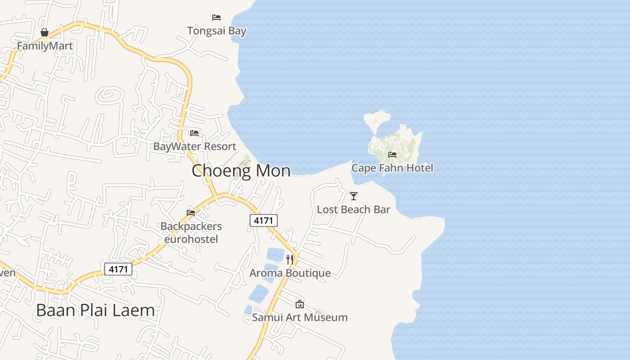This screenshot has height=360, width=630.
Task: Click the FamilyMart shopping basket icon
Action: (x=45, y=32)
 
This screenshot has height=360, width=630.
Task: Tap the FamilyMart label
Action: (x=45, y=46)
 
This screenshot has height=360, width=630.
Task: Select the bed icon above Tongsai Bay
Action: (x=216, y=18)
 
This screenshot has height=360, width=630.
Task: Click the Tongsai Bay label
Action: (x=216, y=31)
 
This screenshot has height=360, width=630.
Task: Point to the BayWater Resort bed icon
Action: (x=194, y=133)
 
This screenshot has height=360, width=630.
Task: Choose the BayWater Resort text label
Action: (x=194, y=146)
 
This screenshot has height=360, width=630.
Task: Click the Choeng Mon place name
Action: (x=241, y=171)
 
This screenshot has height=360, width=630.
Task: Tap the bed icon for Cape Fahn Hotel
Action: (x=392, y=155)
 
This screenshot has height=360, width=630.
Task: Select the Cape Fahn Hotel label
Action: (x=392, y=168)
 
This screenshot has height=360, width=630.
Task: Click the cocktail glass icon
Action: (x=354, y=196)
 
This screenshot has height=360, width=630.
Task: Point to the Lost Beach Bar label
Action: (x=353, y=209)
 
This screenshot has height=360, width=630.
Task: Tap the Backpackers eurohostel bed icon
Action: (x=191, y=213)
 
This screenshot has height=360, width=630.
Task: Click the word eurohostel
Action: (x=191, y=239)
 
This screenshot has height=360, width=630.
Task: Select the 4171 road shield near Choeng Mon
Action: (x=264, y=220)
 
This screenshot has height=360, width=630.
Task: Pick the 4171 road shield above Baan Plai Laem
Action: (x=118, y=269)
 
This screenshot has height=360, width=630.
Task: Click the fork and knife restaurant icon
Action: (x=290, y=260)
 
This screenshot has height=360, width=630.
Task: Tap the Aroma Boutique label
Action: (x=290, y=273)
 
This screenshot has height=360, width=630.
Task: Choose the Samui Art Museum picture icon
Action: (x=300, y=305)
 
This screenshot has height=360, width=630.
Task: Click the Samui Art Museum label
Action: (x=300, y=317)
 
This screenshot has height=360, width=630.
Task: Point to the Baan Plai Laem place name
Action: (x=95, y=310)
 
